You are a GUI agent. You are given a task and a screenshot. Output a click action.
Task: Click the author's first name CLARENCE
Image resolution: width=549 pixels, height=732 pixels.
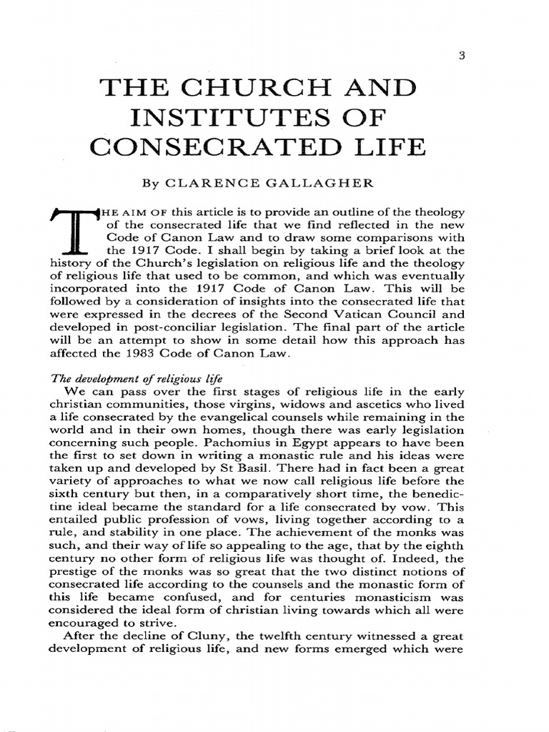click(213, 182)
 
